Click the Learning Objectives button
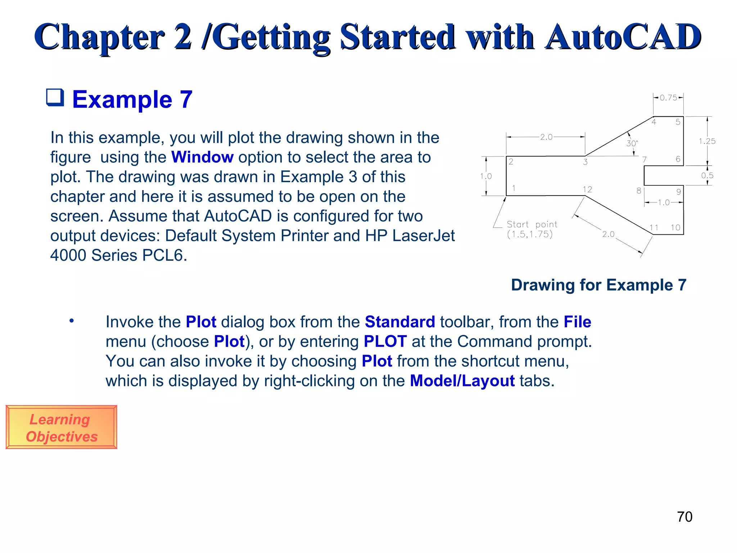[x=61, y=427]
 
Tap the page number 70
[x=684, y=517]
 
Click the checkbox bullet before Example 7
[x=55, y=98]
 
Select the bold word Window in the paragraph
[x=202, y=157]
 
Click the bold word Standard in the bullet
[x=400, y=322]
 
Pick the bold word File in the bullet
[x=577, y=322]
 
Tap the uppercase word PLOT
[x=385, y=341]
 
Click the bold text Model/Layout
[x=462, y=381]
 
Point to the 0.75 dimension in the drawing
[x=668, y=98]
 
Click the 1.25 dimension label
[x=707, y=141]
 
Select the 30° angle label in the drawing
[x=632, y=143]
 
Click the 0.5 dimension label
[x=707, y=176]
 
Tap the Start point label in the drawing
[x=532, y=225]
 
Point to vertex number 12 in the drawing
[x=587, y=189]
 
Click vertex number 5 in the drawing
[x=678, y=122]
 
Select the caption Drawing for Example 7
[x=598, y=285]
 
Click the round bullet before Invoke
[x=72, y=320]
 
